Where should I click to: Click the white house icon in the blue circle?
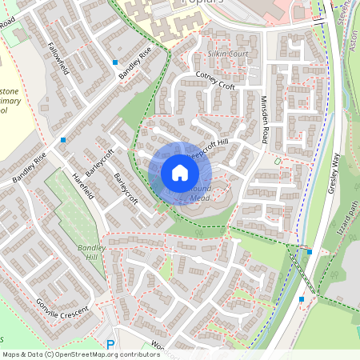[179, 173]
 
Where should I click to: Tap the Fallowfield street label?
[58, 58]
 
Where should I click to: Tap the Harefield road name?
[83, 186]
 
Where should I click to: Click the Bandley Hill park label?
[91, 254]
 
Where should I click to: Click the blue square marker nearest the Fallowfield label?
[115, 62]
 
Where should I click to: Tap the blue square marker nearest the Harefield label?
[62, 139]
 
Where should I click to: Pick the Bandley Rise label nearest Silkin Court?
[134, 63]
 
